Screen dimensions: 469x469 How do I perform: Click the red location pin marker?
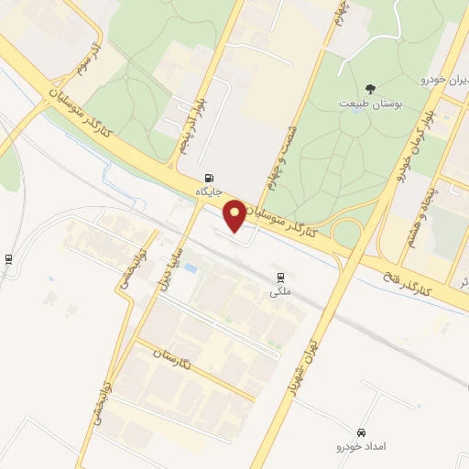pyautogui.click(x=234, y=214)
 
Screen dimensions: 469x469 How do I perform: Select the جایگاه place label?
pyautogui.click(x=210, y=191)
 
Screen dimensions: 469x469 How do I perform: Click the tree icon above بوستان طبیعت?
pyautogui.click(x=370, y=88)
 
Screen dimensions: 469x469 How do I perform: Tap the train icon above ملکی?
pyautogui.click(x=278, y=278)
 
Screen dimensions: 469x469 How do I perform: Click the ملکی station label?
pyautogui.click(x=278, y=291)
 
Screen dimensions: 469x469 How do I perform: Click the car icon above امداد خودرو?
pyautogui.click(x=361, y=431)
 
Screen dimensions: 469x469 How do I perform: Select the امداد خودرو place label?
pyautogui.click(x=361, y=445)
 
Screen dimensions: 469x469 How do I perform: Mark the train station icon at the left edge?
pyautogui.click(x=8, y=259)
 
